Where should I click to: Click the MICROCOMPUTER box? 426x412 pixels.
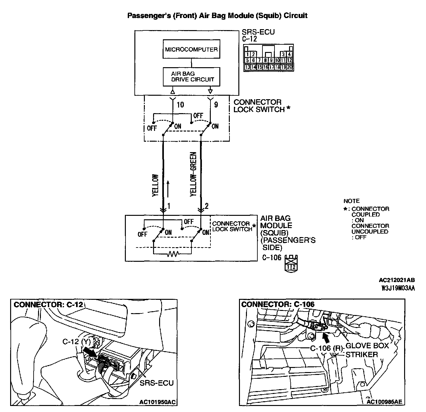[x=191, y=49]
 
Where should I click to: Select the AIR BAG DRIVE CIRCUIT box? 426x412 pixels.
[x=191, y=76]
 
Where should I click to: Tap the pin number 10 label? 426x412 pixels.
[x=180, y=104]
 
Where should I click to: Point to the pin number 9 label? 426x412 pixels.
[x=216, y=104]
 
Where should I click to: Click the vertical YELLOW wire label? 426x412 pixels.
[x=155, y=185]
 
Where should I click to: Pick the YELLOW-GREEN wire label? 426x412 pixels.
[x=193, y=174]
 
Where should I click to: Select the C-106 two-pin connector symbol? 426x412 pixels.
[x=291, y=263]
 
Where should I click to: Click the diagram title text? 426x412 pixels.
[x=217, y=15]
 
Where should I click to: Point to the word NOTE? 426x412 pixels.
[x=352, y=201]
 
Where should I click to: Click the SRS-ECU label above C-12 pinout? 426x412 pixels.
[x=258, y=32]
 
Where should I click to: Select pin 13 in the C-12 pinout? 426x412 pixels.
[x=248, y=67]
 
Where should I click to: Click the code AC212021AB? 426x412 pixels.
[x=397, y=280]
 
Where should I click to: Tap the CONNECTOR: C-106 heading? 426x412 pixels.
[x=278, y=305]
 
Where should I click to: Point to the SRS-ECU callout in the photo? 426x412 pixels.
[x=157, y=383]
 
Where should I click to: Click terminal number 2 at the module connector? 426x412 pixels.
[x=207, y=206]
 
